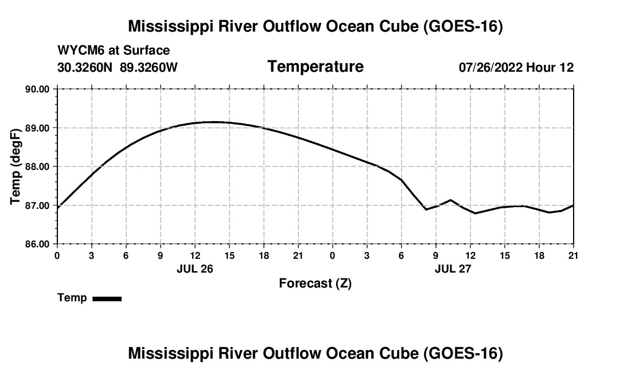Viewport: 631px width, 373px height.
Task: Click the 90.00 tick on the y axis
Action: click(x=37, y=89)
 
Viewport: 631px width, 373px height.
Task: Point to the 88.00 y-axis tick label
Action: click(x=37, y=166)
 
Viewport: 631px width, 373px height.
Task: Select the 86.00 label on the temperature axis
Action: click(x=37, y=244)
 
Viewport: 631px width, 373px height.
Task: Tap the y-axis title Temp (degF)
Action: click(x=15, y=166)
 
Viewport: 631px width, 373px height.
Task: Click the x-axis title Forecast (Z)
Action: click(x=315, y=283)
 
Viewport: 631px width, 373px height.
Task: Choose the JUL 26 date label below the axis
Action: click(x=195, y=269)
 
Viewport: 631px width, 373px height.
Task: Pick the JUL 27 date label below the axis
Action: click(x=453, y=269)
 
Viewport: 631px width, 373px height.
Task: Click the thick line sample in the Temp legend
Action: click(x=107, y=298)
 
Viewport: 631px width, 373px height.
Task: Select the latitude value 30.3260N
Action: click(x=85, y=67)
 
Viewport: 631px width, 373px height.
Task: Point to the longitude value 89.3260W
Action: click(x=149, y=67)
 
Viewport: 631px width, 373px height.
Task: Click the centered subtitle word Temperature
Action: click(x=315, y=67)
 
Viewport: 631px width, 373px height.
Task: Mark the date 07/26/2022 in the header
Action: click(x=491, y=67)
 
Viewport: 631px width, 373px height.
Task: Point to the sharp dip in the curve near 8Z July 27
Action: click(x=426, y=209)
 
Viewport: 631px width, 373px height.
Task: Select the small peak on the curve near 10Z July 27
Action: click(x=450, y=200)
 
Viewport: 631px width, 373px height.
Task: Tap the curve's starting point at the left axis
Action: click(x=58, y=208)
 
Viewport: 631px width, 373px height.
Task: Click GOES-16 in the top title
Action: click(x=463, y=26)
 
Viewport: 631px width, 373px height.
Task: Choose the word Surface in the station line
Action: click(x=146, y=50)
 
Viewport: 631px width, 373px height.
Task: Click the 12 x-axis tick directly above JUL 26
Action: click(x=195, y=256)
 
